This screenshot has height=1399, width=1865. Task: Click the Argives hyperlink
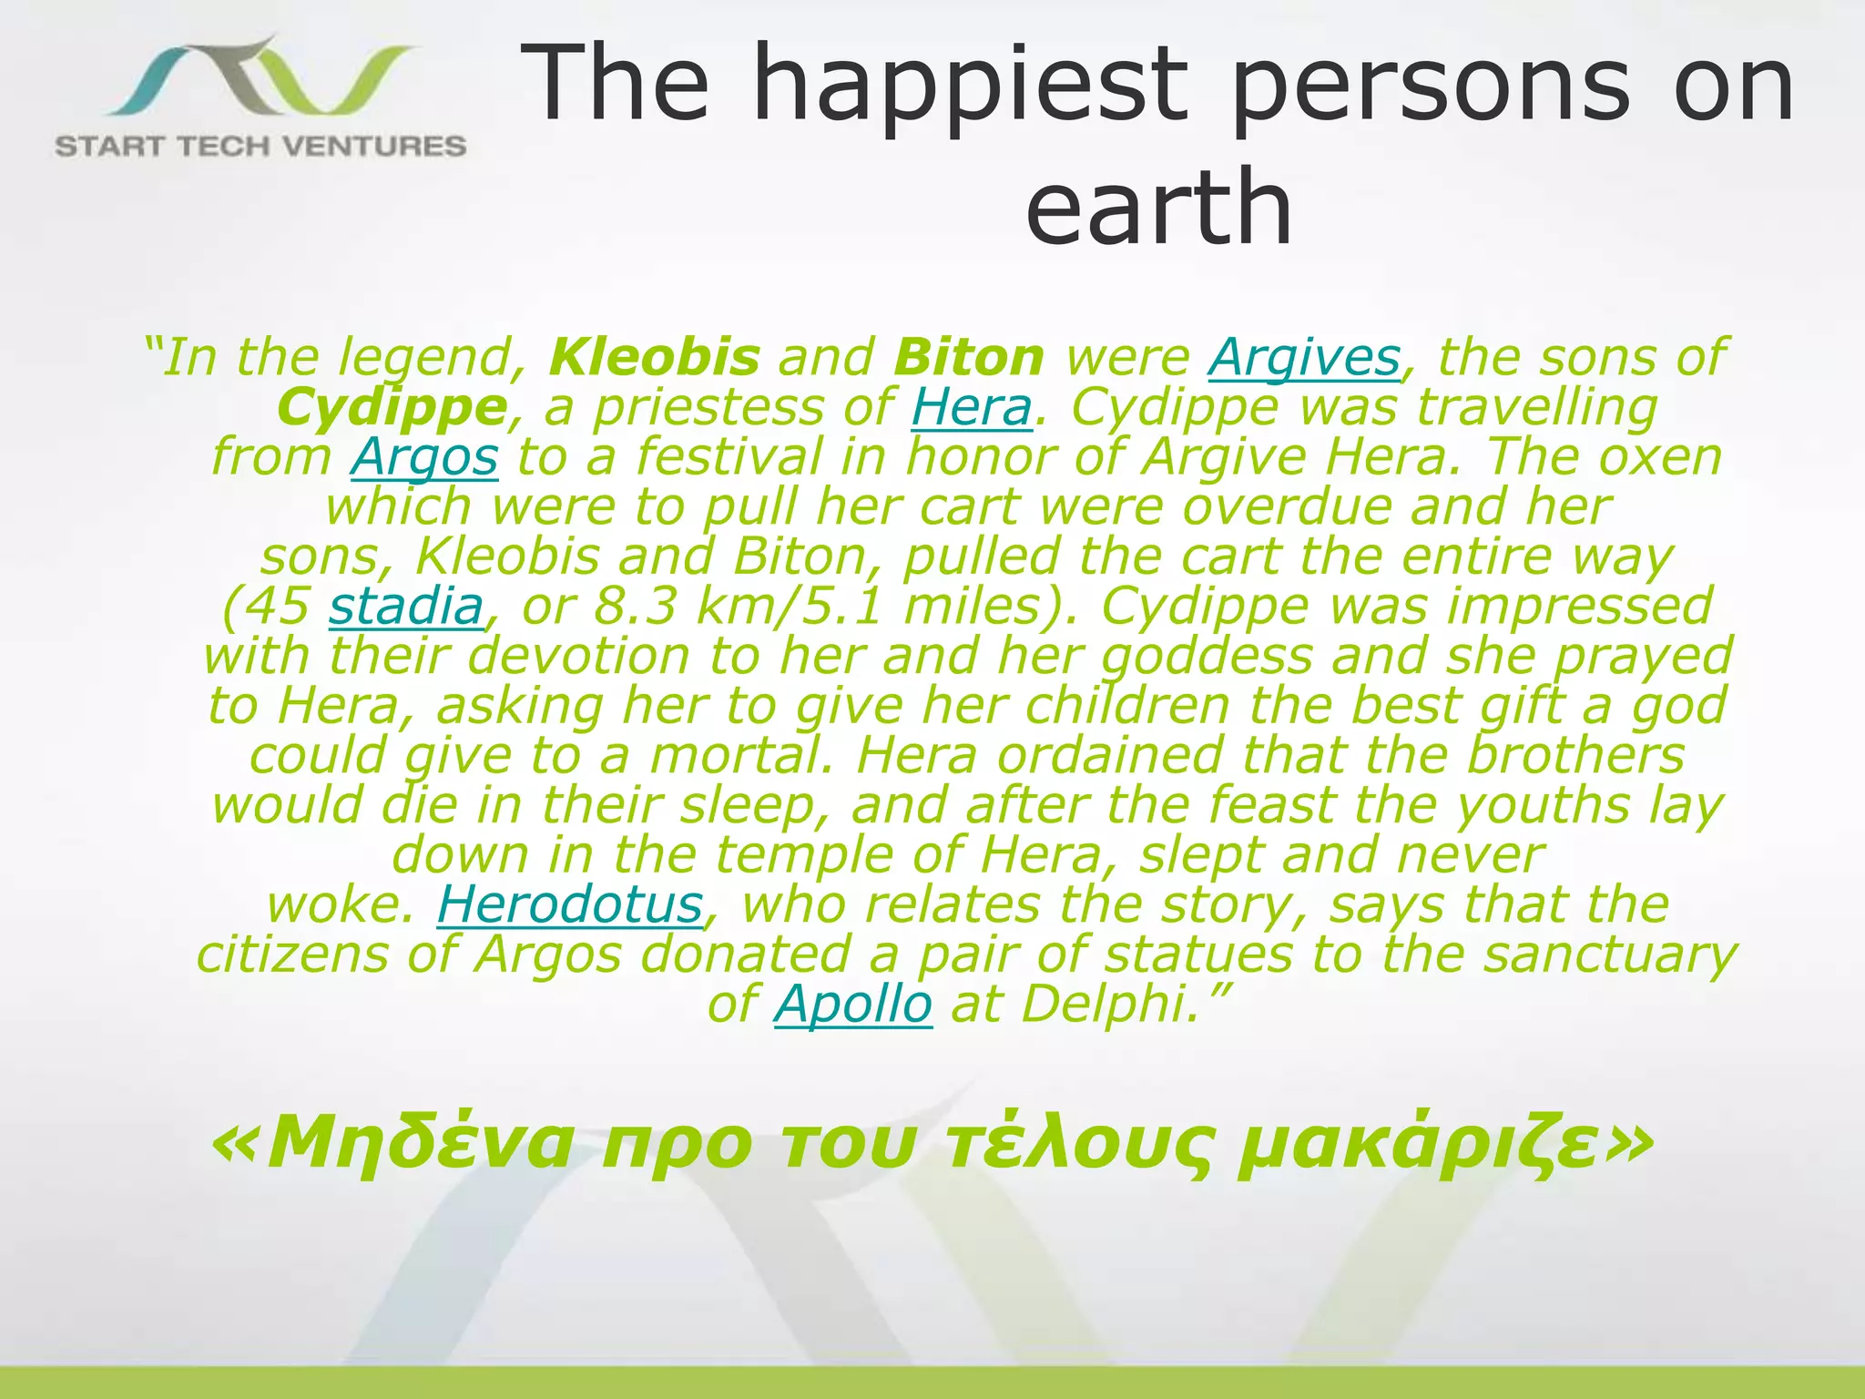point(1304,357)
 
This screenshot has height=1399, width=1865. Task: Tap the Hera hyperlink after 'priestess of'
point(972,407)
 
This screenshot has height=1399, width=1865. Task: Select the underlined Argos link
point(424,456)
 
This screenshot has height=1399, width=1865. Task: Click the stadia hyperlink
point(405,606)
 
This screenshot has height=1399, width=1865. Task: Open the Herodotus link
point(570,904)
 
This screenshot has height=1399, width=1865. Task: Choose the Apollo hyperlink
point(853,1004)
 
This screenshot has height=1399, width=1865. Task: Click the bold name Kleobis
point(654,357)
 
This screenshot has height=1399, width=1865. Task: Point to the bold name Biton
point(969,357)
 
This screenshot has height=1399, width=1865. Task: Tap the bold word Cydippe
point(392,407)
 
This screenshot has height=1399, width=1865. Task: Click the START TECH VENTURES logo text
point(260,146)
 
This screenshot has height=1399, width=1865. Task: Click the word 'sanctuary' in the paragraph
point(1610,955)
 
